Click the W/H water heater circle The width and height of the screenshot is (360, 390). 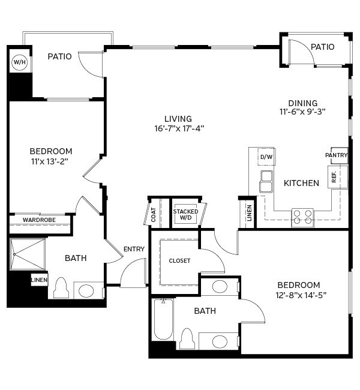[19, 62]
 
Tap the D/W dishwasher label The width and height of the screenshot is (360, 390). [266, 158]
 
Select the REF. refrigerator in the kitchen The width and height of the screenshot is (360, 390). [334, 176]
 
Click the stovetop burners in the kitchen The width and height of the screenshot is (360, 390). [303, 217]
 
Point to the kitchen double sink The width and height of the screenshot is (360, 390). [266, 181]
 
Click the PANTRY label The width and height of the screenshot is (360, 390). [337, 155]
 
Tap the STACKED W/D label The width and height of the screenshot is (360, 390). [185, 215]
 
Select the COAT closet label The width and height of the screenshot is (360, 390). [154, 215]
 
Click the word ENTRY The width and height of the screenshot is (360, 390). [134, 249]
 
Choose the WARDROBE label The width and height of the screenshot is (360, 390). [40, 220]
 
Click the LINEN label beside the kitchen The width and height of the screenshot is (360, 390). [250, 214]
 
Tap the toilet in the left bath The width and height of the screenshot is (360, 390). [61, 288]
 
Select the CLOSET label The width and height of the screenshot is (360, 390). [179, 261]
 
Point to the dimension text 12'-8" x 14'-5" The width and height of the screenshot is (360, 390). [302, 295]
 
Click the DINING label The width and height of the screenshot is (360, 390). [303, 103]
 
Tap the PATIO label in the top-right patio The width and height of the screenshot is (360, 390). [322, 47]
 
